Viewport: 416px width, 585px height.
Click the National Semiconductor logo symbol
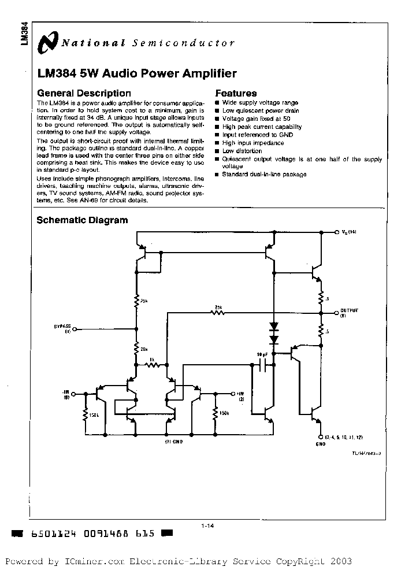48,42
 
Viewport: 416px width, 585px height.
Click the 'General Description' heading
84,93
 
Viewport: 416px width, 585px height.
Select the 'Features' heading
236,93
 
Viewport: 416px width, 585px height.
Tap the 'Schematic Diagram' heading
82,220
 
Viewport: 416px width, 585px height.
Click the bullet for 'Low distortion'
217,151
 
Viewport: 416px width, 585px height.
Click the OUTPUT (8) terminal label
348,313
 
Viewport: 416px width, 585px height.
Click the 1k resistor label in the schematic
151,360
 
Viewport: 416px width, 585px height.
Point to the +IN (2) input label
240,396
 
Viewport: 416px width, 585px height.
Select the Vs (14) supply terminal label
351,232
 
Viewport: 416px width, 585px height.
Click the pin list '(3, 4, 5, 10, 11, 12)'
345,437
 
